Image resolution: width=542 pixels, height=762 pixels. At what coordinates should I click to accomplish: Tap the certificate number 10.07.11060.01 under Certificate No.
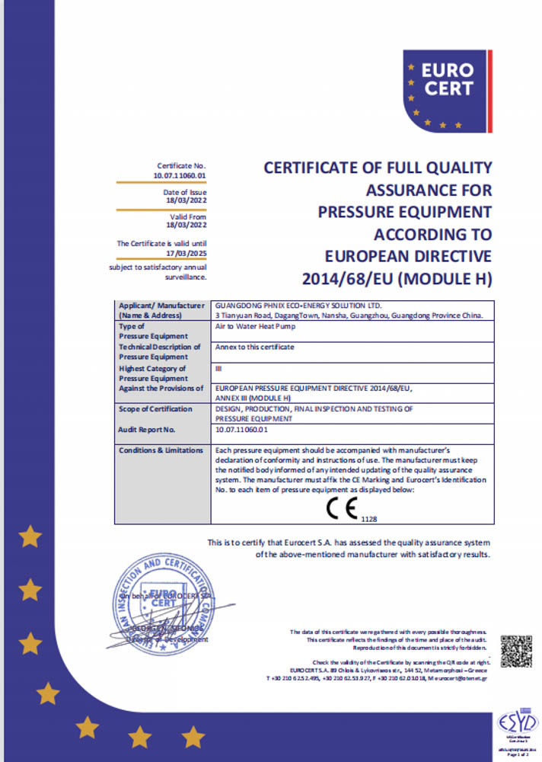pyautogui.click(x=180, y=175)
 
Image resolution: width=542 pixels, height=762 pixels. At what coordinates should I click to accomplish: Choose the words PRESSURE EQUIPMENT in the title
pyautogui.click(x=404, y=210)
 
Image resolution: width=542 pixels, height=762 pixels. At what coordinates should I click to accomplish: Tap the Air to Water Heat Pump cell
pyautogui.click(x=254, y=325)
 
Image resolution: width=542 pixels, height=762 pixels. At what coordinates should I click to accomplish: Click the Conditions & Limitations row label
pyautogui.click(x=161, y=450)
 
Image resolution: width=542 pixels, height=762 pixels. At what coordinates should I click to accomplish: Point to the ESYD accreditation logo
pyautogui.click(x=518, y=721)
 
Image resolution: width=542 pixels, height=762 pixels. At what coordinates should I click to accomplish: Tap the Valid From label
pyautogui.click(x=190, y=217)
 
